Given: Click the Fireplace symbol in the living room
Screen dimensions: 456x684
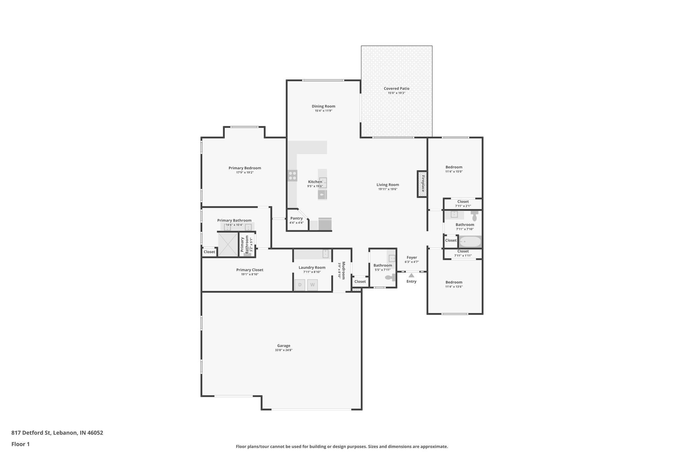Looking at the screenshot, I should pos(422,184).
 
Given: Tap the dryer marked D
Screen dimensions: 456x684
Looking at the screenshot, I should pos(300,285).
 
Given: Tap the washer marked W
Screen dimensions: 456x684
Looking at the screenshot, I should pos(312,285).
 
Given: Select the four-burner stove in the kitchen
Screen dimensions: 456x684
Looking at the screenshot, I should pos(293,176).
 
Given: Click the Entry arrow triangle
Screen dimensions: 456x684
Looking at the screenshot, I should pos(411,275).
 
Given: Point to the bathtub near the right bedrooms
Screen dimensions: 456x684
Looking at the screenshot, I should pos(470,241).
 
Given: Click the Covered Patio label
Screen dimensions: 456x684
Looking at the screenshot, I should pos(396,89).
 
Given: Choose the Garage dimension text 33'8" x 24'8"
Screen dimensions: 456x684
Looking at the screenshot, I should pos(284,350).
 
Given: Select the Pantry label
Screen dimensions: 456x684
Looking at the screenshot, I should pos(296,218).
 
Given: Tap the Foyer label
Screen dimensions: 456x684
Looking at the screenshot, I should pos(411,258).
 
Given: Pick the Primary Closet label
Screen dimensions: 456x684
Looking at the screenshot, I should pos(249,270).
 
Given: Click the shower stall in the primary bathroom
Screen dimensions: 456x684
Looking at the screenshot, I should pos(228,245).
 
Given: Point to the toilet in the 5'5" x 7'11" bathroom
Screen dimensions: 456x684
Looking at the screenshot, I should pos(389,277).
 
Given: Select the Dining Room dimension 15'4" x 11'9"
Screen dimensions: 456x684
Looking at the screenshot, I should pos(323,111).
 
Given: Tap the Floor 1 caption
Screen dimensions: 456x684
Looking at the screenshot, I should pos(20,444).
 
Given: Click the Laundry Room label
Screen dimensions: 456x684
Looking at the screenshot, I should pos(312,268).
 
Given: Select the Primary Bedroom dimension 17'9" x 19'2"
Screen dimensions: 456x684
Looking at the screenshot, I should pos(244,172).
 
